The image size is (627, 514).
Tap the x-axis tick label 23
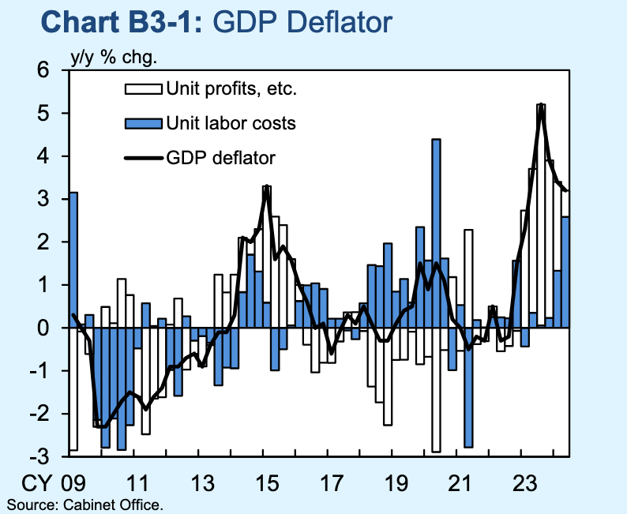tap(526, 482)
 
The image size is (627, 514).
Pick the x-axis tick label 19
tap(396, 482)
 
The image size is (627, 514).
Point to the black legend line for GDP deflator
tap(142, 158)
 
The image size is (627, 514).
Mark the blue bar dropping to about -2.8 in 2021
tap(468, 387)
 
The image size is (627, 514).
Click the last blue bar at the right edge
tap(565, 272)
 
